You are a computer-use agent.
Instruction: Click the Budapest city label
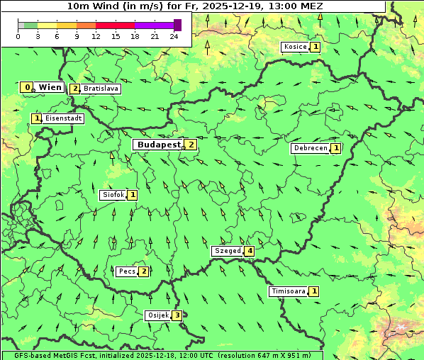160,145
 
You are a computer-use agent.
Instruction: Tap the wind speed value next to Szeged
250,251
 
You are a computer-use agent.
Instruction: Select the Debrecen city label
310,148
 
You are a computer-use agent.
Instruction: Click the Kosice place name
295,47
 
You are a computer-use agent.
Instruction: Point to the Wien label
50,87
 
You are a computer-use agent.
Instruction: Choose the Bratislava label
100,89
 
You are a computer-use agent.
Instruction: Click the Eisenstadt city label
64,118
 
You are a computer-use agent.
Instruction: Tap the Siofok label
113,194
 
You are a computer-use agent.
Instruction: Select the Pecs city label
127,271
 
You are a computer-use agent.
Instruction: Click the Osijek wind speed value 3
177,315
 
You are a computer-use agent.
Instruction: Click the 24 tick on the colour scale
174,36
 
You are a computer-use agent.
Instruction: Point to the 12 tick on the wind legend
96,36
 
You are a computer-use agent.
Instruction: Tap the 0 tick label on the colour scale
18,36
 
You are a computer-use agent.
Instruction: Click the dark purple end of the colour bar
177,25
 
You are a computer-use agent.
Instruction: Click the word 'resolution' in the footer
242,355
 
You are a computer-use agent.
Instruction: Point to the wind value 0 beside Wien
27,87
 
